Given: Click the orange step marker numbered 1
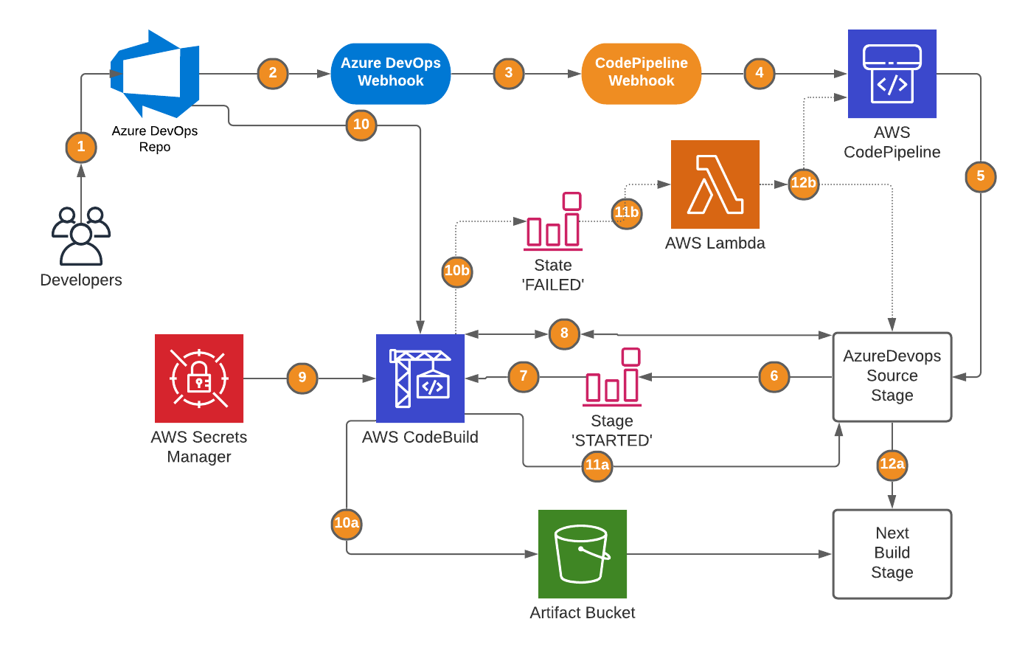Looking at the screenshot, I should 81,147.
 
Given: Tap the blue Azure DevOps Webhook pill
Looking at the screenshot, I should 391,73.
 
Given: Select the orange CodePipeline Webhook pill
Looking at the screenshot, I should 641,73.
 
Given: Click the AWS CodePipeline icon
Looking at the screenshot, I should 892,74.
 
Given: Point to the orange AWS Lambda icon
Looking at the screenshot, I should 715,184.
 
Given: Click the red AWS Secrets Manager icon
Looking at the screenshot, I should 199,378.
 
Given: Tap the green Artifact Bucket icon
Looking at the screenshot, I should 583,553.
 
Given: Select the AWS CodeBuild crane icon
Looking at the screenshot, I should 420,378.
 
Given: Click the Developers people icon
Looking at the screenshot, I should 81,236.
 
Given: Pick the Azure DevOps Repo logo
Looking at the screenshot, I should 155,74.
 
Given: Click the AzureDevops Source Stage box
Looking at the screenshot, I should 892,376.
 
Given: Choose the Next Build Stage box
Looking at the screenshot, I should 892,553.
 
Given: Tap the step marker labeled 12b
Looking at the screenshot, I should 803,183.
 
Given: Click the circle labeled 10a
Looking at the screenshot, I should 347,524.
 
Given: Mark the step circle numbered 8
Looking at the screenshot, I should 564,333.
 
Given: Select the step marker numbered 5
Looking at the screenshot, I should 980,176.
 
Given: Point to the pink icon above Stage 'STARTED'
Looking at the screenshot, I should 612,377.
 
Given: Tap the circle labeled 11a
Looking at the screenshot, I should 597,466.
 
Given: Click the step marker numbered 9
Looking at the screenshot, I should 302,378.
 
